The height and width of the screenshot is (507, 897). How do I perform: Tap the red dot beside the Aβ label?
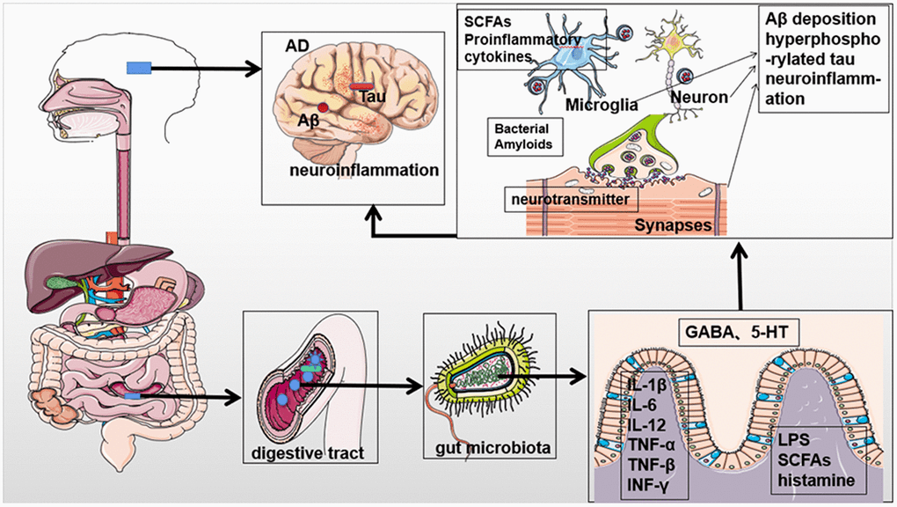pyautogui.click(x=324, y=107)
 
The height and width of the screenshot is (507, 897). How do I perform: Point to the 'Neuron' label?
pyautogui.click(x=698, y=98)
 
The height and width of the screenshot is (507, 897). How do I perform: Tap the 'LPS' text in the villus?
pyautogui.click(x=809, y=440)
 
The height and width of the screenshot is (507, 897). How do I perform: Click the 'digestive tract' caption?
pyautogui.click(x=304, y=453)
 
